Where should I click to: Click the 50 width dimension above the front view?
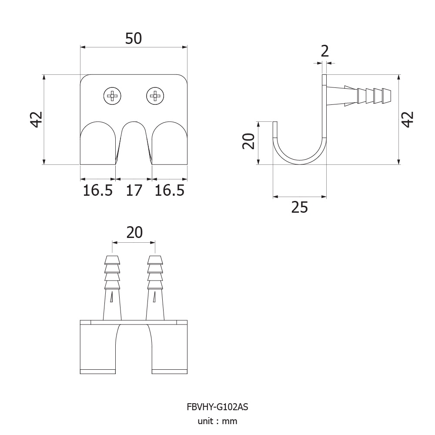[134, 39]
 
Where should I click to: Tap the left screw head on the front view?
[112, 96]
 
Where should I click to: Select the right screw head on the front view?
[155, 96]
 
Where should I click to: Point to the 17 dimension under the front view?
[134, 191]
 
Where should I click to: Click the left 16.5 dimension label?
[97, 191]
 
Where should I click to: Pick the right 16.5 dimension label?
[169, 191]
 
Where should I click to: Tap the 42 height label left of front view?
[37, 119]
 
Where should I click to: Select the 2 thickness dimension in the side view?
[325, 51]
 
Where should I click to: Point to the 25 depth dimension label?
[300, 207]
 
